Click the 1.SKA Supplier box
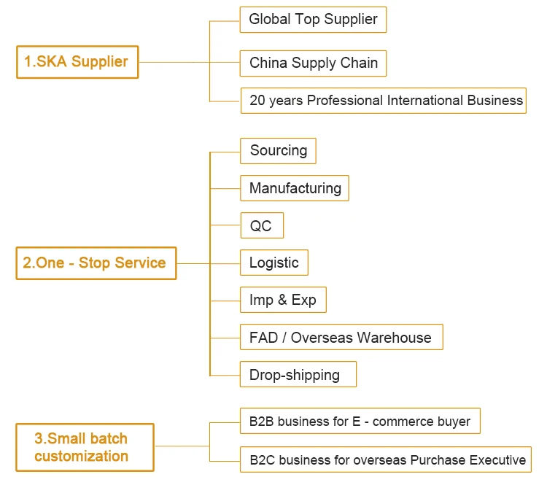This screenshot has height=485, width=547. (x=77, y=62)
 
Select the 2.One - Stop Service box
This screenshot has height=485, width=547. (x=96, y=263)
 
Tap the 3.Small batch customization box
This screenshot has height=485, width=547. (x=85, y=447)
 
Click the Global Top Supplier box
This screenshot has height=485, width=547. (x=313, y=20)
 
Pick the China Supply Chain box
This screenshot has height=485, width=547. (x=313, y=63)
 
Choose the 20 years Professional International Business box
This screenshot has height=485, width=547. (x=383, y=100)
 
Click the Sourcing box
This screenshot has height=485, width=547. (x=278, y=151)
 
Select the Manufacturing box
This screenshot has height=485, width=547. (x=295, y=188)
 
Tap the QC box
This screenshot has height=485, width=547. (x=261, y=226)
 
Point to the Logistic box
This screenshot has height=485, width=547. (x=274, y=263)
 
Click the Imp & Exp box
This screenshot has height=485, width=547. (x=283, y=300)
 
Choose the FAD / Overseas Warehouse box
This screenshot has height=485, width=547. (x=341, y=338)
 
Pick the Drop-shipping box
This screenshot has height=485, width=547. (x=298, y=375)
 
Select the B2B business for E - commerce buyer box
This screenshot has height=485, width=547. (x=360, y=421)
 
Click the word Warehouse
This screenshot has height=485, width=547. (x=396, y=338)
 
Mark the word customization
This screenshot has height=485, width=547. (x=81, y=457)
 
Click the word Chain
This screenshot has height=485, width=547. (x=360, y=63)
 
